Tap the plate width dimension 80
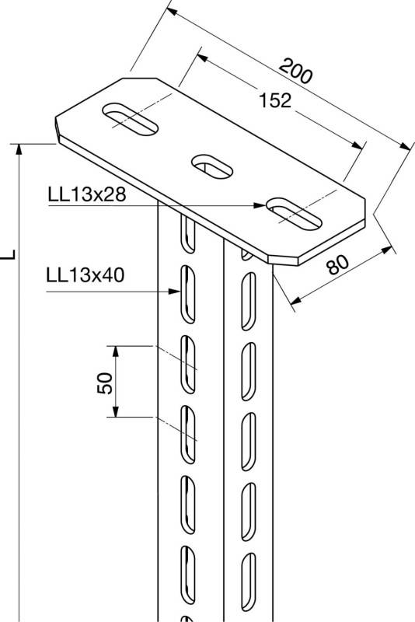coord(337,266)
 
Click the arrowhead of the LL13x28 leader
coord(260,206)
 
